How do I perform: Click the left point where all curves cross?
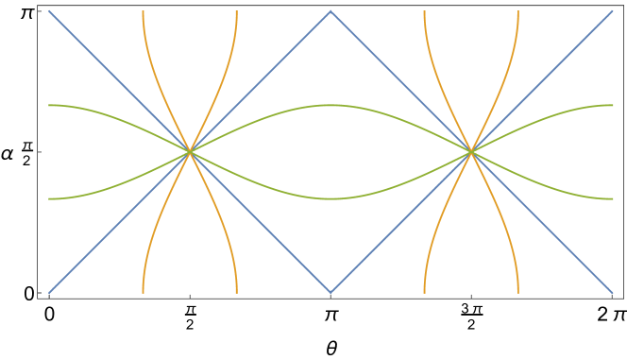[190, 151]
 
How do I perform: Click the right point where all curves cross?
[471, 151]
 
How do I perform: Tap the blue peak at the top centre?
[330, 11]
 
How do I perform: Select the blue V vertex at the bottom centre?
[330, 292]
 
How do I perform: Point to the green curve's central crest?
[330, 105]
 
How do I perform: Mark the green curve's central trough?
[330, 198]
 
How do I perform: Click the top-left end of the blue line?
[49, 11]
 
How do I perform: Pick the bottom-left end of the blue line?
[49, 292]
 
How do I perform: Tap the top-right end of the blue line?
[613, 11]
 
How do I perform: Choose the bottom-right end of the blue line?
[613, 292]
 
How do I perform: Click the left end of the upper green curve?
[49, 105]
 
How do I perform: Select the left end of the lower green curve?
[49, 198]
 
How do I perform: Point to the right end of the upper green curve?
[613, 105]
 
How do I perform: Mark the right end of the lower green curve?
[613, 198]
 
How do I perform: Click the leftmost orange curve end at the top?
[143, 11]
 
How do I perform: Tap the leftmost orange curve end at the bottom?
[143, 292]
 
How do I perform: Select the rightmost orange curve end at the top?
[518, 11]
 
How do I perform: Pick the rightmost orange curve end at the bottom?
[518, 292]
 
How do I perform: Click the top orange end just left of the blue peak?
[236, 11]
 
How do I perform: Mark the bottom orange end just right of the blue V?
[425, 292]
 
